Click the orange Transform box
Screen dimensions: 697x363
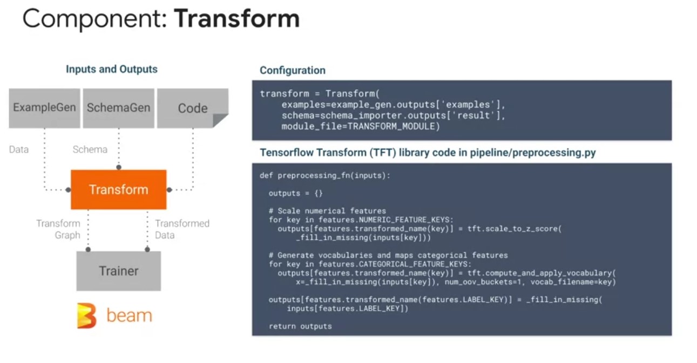point(119,190)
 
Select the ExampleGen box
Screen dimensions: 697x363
point(44,108)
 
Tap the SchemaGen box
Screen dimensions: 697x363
point(119,108)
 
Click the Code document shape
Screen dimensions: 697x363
point(193,108)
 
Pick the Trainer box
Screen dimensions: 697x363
point(119,271)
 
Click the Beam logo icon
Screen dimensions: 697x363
point(86,315)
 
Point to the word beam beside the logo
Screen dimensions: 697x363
point(129,315)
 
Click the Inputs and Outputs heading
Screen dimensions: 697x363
point(112,69)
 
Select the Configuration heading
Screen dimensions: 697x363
point(293,70)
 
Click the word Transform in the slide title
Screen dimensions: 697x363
point(237,19)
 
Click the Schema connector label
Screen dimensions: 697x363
point(90,150)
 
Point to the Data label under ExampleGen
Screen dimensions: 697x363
point(19,150)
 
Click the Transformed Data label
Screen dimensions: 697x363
point(182,229)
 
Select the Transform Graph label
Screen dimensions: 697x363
point(58,229)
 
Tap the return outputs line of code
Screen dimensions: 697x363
point(300,326)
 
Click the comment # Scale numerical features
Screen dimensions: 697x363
point(327,211)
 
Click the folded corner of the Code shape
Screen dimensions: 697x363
point(219,119)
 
